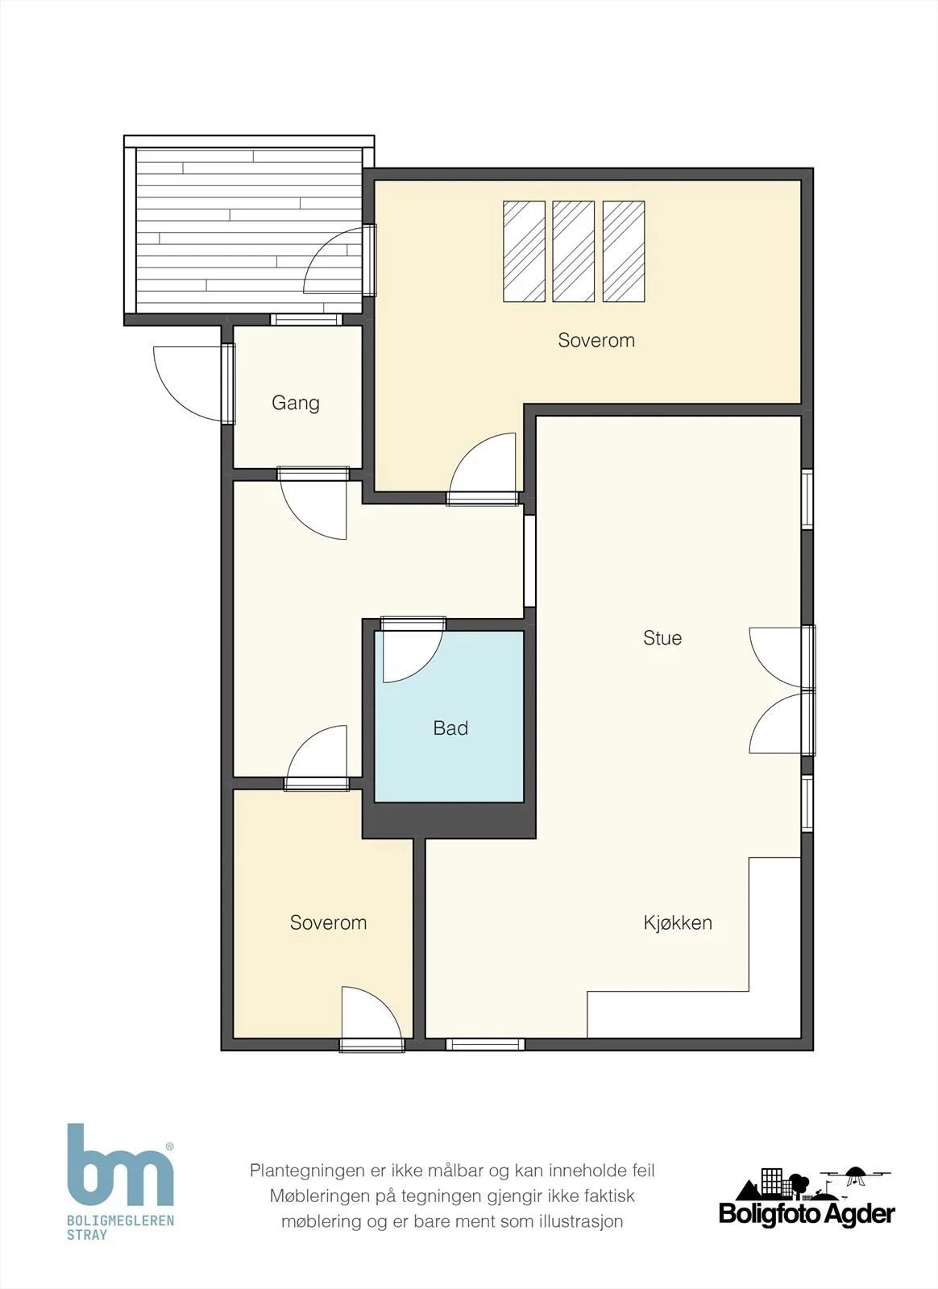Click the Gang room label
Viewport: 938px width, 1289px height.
[295, 403]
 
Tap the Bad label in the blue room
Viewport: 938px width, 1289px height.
[450, 728]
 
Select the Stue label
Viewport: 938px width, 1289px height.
[662, 637]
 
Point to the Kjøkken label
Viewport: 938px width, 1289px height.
[678, 923]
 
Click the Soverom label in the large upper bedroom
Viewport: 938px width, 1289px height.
[596, 340]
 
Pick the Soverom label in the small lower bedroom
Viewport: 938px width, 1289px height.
[328, 923]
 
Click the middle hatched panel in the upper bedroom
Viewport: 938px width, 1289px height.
[573, 251]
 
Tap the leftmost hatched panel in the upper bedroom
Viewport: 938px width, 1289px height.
[524, 251]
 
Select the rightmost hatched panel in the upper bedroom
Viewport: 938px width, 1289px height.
[623, 251]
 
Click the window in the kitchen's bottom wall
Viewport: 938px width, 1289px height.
[485, 1044]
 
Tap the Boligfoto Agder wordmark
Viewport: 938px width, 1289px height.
[807, 1214]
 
